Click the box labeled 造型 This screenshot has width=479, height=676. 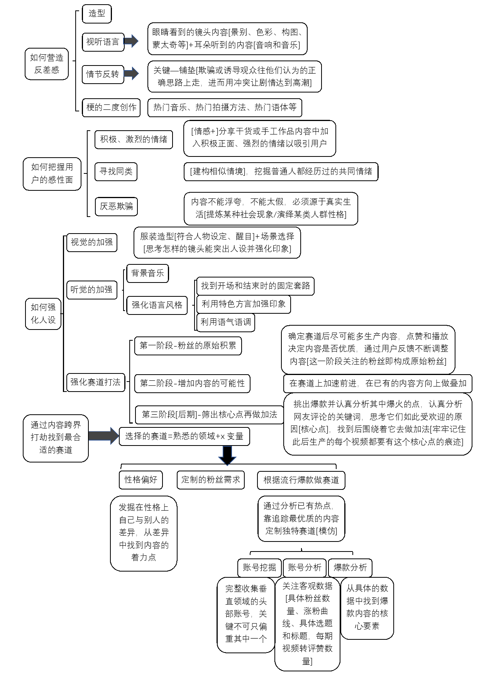96,13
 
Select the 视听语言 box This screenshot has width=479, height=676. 103,42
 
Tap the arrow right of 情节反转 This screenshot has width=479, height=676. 131,73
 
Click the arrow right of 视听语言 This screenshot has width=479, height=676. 131,41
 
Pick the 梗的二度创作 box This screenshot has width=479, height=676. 111,107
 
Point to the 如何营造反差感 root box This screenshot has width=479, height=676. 47,64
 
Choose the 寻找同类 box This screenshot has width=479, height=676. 116,172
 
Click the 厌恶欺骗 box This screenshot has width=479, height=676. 116,206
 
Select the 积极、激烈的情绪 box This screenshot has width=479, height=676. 134,139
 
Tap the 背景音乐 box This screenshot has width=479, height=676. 147,273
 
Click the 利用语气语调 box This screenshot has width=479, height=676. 226,322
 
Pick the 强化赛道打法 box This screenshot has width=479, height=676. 95,382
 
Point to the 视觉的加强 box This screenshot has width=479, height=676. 91,242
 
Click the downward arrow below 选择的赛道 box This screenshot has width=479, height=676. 227,455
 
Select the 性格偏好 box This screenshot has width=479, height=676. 141,480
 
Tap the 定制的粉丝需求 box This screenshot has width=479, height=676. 211,480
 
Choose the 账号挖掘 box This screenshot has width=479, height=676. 259,568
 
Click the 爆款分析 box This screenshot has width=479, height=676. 350,568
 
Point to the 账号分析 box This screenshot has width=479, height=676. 305,568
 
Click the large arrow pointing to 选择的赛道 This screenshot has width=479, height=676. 103,436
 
